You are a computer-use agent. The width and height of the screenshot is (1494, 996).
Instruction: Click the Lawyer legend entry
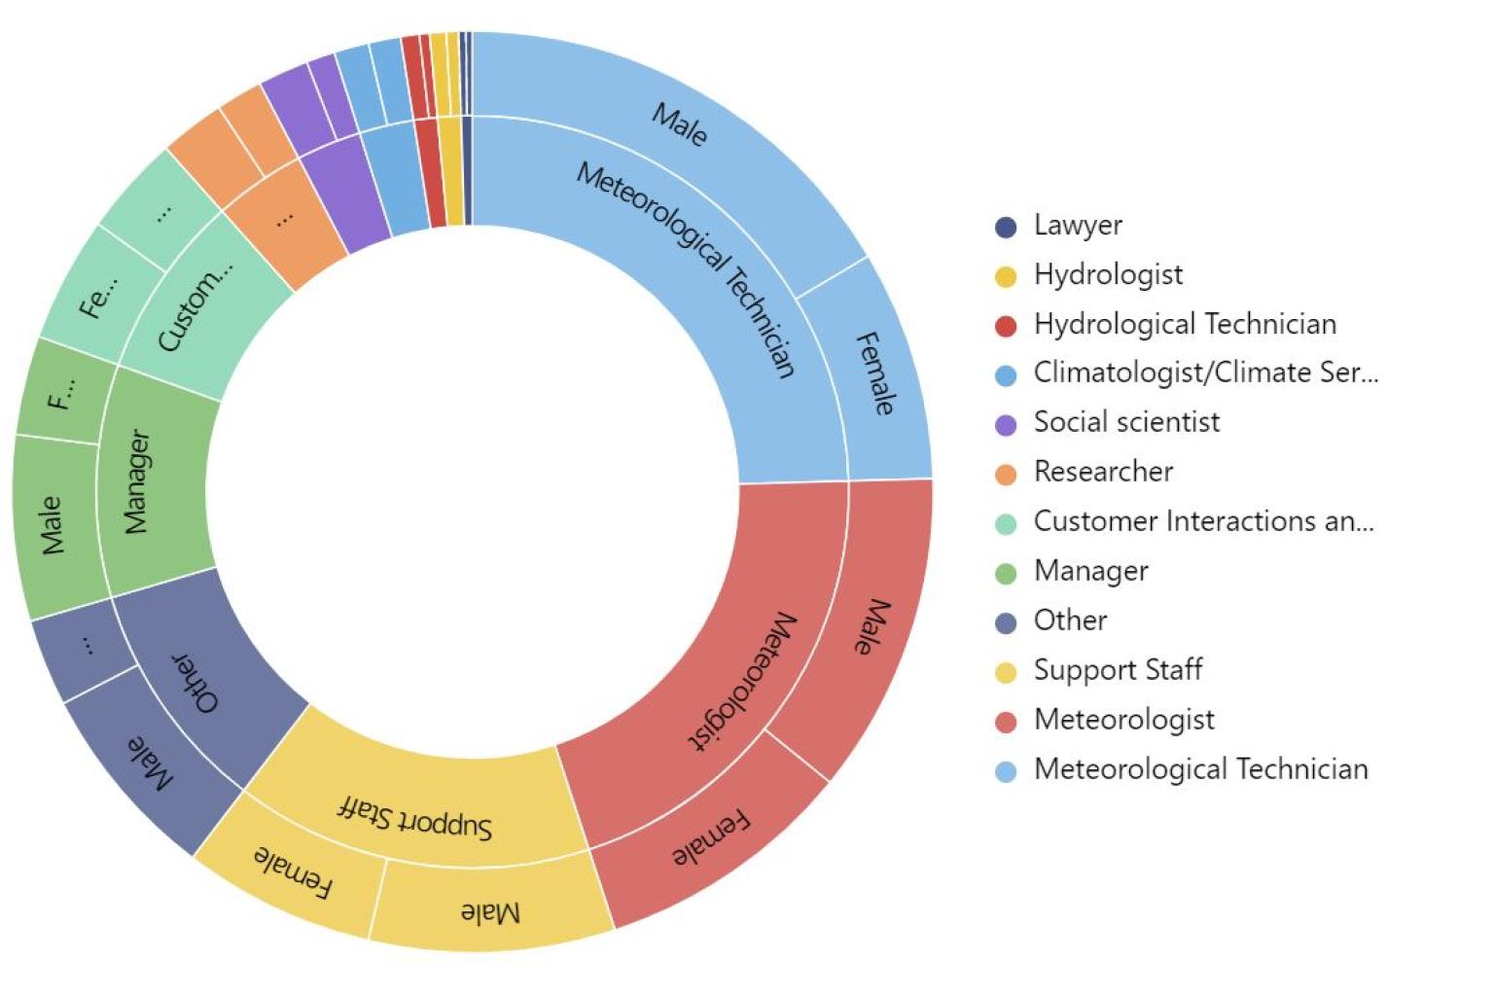tap(1077, 226)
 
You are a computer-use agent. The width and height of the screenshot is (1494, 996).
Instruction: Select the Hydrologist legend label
tap(1107, 275)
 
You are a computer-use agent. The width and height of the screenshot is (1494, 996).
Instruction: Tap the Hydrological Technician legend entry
tap(1184, 324)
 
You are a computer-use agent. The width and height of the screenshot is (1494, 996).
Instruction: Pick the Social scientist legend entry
tap(1125, 422)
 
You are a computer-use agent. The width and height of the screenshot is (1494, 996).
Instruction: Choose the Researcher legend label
tap(1102, 472)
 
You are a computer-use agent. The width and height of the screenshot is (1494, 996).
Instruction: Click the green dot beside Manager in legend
tap(1006, 573)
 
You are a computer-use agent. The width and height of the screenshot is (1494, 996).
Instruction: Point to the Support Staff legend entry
tap(1117, 670)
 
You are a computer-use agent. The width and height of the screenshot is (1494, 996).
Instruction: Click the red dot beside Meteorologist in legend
tap(1006, 722)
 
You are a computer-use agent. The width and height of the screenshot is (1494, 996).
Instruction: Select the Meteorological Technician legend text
tap(1199, 769)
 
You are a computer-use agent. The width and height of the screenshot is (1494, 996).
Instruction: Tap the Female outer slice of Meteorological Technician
tap(874, 373)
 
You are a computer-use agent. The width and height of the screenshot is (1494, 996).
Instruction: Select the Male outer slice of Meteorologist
tap(871, 627)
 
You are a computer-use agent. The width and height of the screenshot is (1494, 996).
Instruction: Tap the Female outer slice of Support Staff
tap(292, 871)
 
